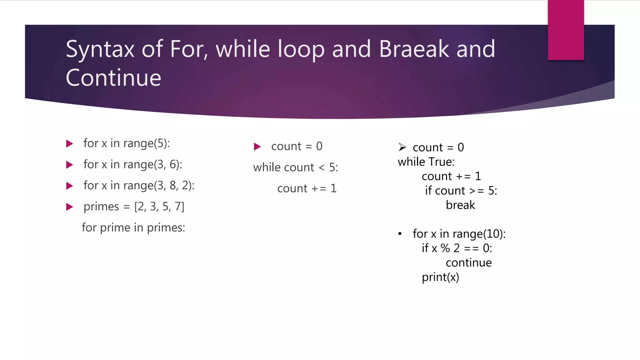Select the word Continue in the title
click(113, 78)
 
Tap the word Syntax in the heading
click(100, 50)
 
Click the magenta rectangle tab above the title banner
click(566, 30)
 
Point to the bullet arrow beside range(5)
click(70, 144)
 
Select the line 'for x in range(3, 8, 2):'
click(139, 186)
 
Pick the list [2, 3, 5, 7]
click(159, 207)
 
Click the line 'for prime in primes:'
click(133, 227)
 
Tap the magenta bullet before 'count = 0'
click(257, 147)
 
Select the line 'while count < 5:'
click(295, 167)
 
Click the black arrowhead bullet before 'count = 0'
click(402, 147)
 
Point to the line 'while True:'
click(426, 162)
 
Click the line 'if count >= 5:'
click(461, 191)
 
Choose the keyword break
click(460, 205)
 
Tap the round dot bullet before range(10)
click(400, 234)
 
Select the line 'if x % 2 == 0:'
click(457, 248)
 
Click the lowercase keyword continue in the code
click(468, 263)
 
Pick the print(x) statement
click(440, 277)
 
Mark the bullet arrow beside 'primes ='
click(70, 207)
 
